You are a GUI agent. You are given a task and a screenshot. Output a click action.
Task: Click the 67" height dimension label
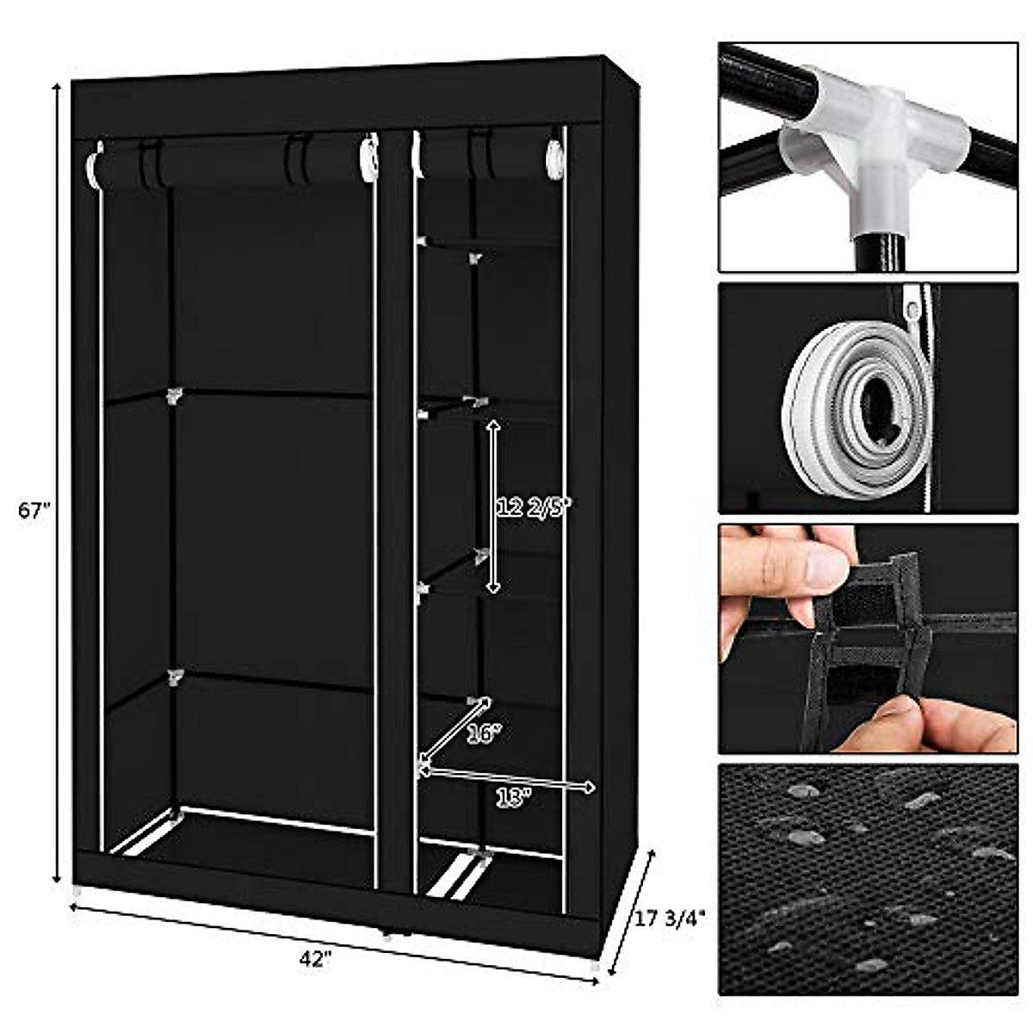(35, 510)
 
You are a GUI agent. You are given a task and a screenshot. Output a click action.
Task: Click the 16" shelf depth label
(484, 733)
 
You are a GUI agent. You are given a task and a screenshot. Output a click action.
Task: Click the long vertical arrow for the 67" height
(58, 482)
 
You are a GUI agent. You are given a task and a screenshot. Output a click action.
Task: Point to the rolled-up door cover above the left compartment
(232, 164)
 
